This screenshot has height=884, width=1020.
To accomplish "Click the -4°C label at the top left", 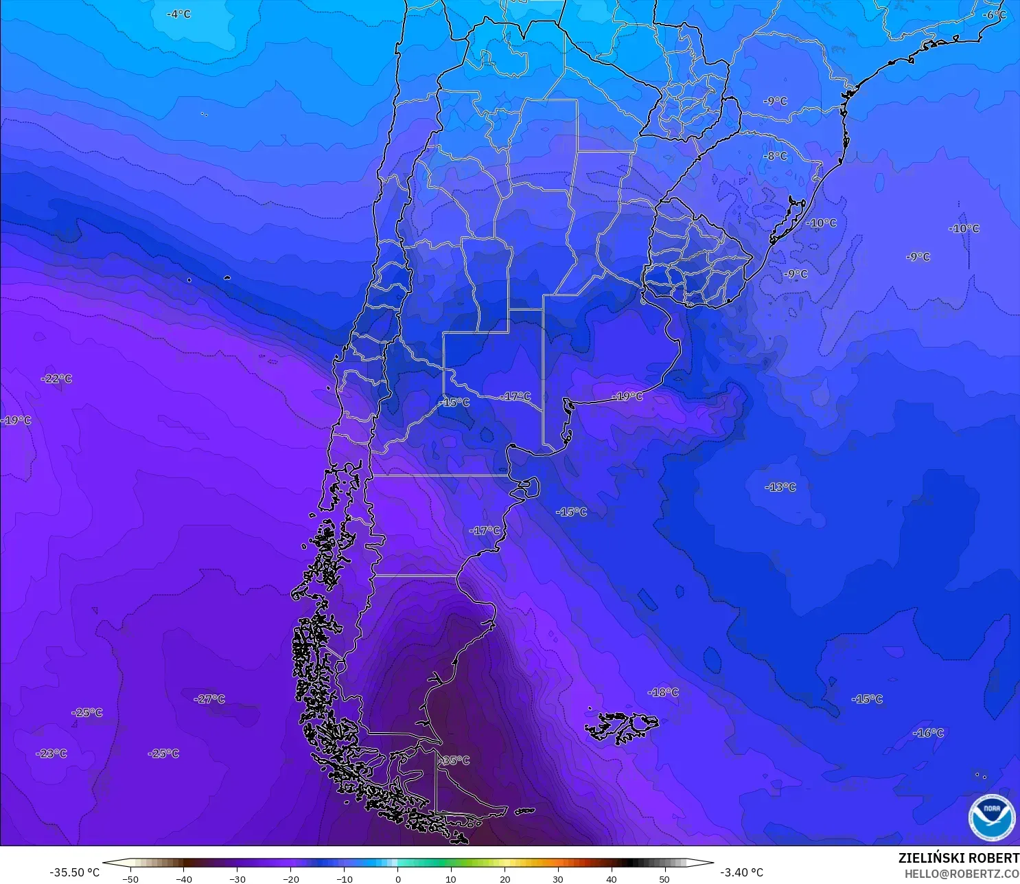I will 179,14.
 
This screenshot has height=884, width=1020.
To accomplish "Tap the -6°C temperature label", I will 994,14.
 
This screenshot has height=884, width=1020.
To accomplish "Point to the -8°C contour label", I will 776,156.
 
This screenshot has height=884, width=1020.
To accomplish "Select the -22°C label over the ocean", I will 57,378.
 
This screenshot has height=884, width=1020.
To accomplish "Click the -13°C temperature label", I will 780,487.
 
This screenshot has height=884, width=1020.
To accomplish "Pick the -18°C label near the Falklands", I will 663,692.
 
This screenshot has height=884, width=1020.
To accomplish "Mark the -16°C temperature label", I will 928,733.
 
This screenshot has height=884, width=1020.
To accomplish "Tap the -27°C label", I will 209,699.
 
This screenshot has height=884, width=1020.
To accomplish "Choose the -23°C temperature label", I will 52,753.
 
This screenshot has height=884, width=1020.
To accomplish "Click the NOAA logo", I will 991,817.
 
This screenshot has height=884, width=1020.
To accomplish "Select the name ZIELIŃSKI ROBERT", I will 958,858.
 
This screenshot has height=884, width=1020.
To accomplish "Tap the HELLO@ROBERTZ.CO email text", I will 961,874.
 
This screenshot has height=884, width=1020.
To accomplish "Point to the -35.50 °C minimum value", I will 74,872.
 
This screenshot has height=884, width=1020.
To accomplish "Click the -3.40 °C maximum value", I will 741,872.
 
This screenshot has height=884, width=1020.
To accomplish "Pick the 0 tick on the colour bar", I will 398,879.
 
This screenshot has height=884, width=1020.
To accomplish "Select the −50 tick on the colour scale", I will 130,879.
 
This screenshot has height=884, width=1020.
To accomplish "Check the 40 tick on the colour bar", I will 611,879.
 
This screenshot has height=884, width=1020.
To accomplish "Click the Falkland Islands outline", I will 621,727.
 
